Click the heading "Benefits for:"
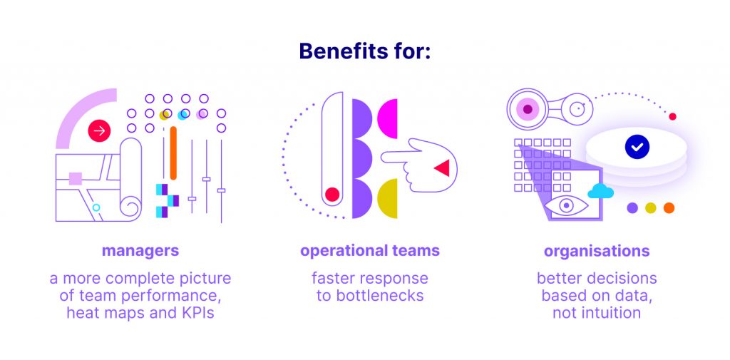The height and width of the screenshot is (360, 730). point(365,51)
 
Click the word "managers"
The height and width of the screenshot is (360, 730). point(140,251)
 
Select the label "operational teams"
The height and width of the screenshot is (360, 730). point(370,251)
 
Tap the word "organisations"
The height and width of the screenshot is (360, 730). point(597,251)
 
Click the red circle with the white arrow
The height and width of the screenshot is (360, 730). point(99,131)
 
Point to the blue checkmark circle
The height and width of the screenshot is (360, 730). point(637,147)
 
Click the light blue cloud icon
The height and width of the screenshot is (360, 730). point(600,191)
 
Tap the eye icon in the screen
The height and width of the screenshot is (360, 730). point(566,205)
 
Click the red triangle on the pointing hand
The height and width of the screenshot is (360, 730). point(442,168)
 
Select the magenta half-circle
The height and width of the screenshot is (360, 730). point(388,119)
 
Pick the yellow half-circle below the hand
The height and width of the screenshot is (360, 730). point(388,198)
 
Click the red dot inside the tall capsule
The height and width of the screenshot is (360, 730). point(332,194)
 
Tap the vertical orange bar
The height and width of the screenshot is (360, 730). point(173,153)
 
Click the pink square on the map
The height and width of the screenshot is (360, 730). point(76,178)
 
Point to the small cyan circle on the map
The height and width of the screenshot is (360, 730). point(96,207)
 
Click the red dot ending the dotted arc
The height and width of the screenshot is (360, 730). point(672,116)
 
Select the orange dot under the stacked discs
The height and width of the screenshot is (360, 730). point(669,207)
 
